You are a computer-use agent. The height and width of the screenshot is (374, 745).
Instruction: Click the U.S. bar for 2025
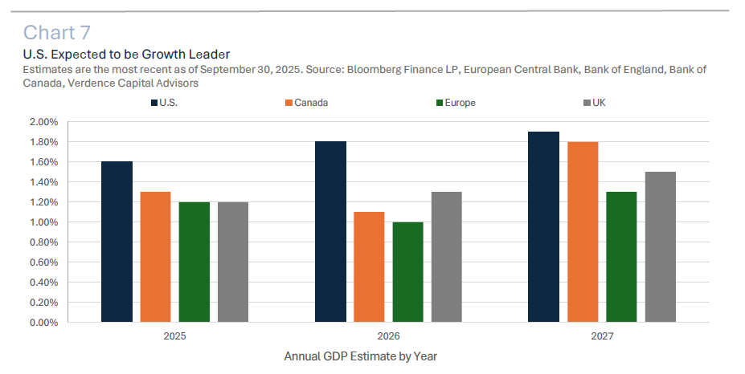[117, 242]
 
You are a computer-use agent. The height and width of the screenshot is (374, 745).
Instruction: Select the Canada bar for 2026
[369, 267]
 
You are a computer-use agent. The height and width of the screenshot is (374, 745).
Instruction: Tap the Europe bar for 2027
[621, 257]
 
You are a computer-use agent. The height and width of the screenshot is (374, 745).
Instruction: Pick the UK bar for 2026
[446, 257]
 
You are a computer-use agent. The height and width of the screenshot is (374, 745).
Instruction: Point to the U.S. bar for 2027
[544, 227]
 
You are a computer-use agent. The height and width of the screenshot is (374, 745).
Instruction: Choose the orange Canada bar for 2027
[583, 232]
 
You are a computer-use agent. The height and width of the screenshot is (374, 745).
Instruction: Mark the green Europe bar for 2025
[194, 262]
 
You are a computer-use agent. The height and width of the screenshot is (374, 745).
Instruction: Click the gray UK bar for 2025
[232, 262]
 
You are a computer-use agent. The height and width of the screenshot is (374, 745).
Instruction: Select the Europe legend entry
[455, 103]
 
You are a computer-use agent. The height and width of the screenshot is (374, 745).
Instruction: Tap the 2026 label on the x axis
[387, 335]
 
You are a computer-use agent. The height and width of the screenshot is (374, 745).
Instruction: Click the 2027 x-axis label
[601, 335]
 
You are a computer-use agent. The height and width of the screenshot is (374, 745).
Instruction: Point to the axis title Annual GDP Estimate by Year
[360, 356]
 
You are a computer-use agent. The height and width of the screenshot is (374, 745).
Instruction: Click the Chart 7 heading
[57, 32]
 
